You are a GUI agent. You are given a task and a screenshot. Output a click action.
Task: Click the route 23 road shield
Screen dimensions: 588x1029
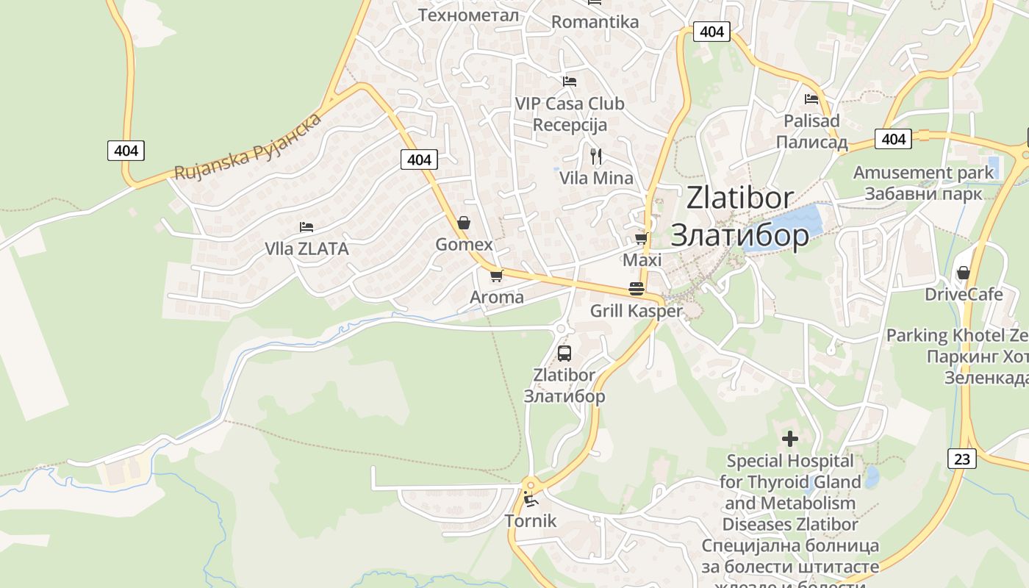(x=962, y=459)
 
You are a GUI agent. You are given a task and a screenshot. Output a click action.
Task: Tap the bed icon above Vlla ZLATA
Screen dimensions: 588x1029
(x=306, y=227)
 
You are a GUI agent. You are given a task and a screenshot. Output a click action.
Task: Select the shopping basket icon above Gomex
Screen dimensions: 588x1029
(x=464, y=222)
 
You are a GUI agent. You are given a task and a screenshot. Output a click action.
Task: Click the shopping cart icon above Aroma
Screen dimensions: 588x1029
(x=496, y=276)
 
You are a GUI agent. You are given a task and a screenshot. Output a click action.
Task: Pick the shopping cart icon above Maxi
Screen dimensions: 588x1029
(x=641, y=238)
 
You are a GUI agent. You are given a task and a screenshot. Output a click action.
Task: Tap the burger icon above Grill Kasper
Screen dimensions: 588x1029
(x=637, y=289)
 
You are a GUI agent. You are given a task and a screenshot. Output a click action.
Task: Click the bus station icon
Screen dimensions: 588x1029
(x=564, y=353)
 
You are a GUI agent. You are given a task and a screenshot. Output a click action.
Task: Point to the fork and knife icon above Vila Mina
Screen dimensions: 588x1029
(x=596, y=156)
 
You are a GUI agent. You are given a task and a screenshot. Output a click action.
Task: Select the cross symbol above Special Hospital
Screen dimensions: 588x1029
(x=790, y=439)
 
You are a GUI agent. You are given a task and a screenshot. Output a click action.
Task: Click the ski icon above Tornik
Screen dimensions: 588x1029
(x=530, y=500)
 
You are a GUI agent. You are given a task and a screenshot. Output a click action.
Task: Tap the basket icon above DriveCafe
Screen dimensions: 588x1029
(x=963, y=273)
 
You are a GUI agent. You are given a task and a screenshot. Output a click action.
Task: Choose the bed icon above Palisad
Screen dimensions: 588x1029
(x=811, y=98)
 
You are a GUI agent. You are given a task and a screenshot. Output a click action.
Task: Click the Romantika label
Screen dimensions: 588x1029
(x=595, y=22)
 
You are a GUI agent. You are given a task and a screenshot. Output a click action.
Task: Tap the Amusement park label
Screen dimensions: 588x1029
(x=923, y=173)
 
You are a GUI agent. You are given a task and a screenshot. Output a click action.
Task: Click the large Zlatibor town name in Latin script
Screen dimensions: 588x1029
(x=740, y=198)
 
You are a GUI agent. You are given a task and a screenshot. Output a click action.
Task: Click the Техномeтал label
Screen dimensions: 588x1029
(x=468, y=15)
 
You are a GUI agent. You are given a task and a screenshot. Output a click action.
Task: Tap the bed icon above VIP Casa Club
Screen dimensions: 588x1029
(x=569, y=81)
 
